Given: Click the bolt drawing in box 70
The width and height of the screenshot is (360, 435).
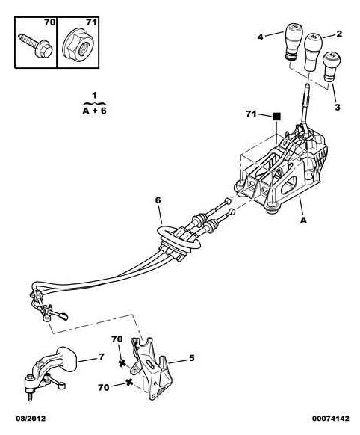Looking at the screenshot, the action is tap(35, 46).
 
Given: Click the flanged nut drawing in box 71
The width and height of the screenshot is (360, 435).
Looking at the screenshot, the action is tap(78, 46).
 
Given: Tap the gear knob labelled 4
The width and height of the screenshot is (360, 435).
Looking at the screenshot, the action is tap(293, 41).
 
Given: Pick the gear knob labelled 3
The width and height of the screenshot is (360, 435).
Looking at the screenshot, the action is tap(332, 67).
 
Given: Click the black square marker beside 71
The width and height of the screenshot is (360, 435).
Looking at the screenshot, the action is tap(276, 117).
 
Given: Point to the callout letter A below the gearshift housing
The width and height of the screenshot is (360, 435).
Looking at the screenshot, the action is tap(304, 220).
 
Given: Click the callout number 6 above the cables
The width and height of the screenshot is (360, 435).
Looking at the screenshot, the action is tap(158, 200).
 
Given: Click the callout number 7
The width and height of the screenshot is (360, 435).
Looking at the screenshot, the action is tap(102, 357).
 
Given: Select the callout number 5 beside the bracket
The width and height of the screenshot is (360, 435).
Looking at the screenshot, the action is tap(192, 358).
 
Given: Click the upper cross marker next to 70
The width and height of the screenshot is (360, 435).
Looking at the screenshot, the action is tap(122, 363).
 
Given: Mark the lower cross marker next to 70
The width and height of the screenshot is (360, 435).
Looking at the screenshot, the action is tap(129, 382).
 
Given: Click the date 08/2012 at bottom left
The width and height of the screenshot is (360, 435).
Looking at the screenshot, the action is tap(31, 419).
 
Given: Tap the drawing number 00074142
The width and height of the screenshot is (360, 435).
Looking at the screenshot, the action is tap(331, 419).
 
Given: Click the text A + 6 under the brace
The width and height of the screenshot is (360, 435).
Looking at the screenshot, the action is tap(95, 111).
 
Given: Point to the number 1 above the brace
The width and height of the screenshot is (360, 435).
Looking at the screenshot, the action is tap(95, 96).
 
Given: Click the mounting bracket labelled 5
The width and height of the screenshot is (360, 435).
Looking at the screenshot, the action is tap(151, 368).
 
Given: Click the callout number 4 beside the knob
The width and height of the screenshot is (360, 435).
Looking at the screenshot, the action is tap(260, 37).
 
